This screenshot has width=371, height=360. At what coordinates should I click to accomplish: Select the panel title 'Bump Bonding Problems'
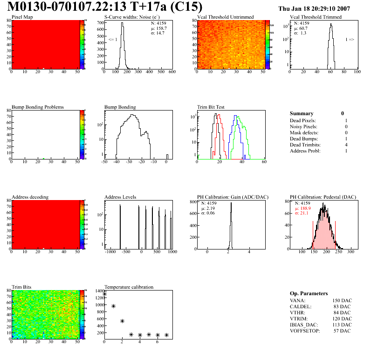tap(38, 107)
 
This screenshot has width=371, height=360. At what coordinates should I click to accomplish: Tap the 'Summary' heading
tap(302, 113)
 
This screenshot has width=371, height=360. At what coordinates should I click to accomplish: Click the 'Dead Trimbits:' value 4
tap(345, 145)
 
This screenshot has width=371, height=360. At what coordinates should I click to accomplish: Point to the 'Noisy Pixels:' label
tap(303, 127)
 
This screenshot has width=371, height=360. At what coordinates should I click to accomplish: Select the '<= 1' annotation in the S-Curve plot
tap(112, 40)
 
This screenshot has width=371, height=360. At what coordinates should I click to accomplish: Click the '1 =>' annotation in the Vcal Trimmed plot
tap(350, 40)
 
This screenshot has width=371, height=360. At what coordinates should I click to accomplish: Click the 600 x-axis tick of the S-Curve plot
tap(172, 73)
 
